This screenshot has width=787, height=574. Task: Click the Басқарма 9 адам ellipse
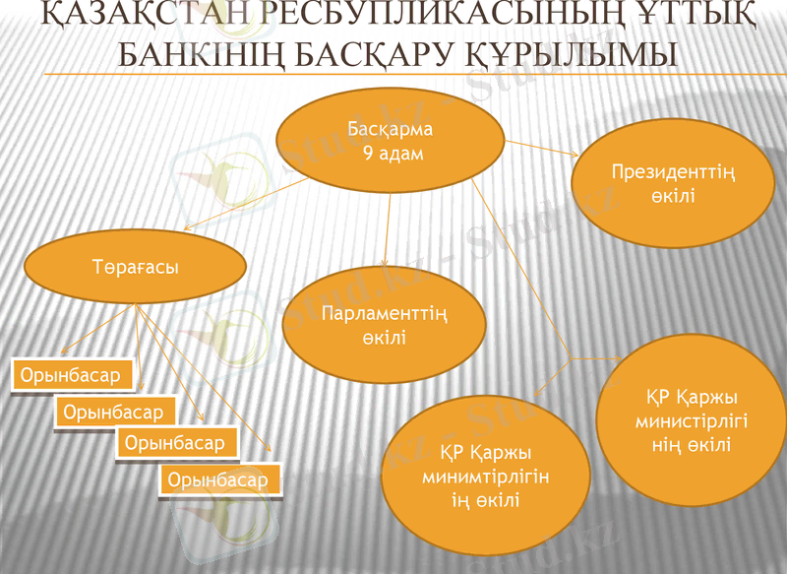coord(391,143)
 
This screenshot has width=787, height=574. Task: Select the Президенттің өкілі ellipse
coord(673,184)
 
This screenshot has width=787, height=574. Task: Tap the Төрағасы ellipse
coord(133,268)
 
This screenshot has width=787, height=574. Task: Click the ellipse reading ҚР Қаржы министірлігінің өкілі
coord(692,419)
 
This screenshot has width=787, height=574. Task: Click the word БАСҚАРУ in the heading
coord(384,55)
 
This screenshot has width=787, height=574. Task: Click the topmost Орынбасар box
coord(71,375)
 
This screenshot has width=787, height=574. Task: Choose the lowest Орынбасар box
coord(218,479)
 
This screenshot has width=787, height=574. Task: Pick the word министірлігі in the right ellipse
coord(692,419)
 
